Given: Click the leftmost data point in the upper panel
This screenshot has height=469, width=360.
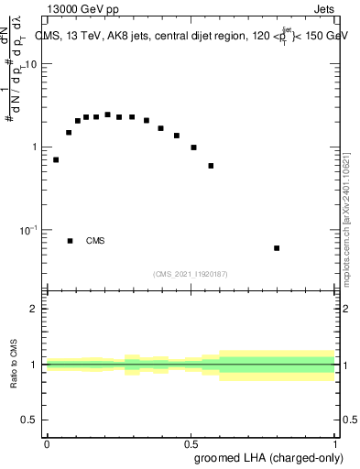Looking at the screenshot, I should (56, 159).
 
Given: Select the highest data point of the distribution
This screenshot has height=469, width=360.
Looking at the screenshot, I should (107, 115).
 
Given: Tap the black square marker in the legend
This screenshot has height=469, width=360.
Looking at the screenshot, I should (70, 241).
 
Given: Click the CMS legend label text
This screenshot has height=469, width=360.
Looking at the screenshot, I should (95, 241).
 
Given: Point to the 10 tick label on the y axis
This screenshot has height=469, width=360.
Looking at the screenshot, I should (33, 65).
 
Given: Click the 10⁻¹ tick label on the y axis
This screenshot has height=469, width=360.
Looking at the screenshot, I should (30, 229).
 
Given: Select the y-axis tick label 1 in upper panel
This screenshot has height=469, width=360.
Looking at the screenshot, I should (36, 147).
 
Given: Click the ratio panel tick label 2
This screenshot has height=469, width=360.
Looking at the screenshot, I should (36, 309).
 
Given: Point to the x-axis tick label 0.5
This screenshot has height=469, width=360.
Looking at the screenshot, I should (190, 442).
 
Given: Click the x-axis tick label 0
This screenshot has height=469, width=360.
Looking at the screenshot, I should (47, 442).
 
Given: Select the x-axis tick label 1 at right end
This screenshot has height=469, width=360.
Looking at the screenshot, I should (334, 442).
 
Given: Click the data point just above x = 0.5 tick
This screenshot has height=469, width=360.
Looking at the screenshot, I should (193, 147).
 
